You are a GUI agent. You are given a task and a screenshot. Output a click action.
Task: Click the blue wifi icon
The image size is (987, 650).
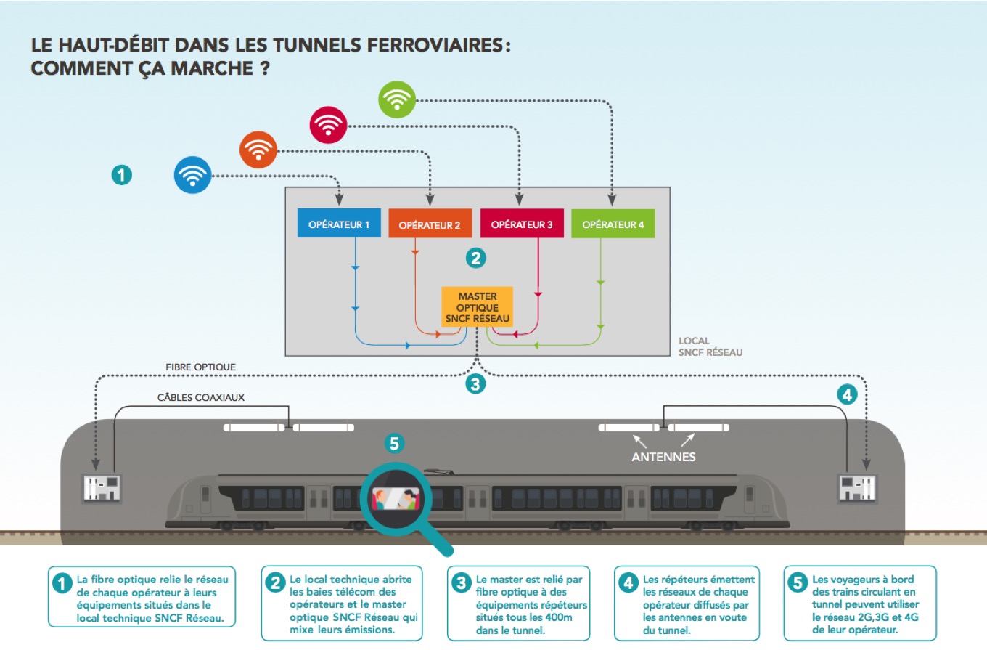click(x=192, y=175)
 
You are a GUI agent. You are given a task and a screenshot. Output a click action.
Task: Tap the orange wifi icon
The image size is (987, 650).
click(x=258, y=150)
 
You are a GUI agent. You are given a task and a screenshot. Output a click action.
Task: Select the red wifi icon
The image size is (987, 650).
click(x=328, y=125)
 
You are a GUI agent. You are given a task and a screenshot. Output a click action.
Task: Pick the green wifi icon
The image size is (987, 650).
click(x=396, y=99)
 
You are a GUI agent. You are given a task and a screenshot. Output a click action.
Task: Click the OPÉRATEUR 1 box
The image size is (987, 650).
click(x=339, y=224)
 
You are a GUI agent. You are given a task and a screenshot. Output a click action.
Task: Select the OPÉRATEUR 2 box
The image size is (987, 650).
click(x=430, y=224)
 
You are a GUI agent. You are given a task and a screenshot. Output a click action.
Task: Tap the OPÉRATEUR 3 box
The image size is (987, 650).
click(x=522, y=224)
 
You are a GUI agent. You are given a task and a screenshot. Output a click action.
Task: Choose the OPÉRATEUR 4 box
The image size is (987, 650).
click(x=613, y=224)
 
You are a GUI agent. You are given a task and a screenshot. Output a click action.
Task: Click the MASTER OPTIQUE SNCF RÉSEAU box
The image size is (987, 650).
click(x=478, y=307)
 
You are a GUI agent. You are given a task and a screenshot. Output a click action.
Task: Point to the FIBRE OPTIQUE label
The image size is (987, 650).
click(x=201, y=367)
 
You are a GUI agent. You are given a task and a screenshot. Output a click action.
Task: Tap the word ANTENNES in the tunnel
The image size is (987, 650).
click(x=663, y=457)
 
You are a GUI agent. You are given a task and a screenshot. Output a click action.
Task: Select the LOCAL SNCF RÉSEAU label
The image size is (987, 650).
click(x=710, y=346)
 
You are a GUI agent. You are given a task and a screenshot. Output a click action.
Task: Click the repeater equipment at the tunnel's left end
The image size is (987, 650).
click(x=102, y=488)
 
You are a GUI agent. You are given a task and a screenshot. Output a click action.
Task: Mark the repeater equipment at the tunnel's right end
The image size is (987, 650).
click(x=858, y=488)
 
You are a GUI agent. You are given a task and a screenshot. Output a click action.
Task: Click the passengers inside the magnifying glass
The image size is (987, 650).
click(x=396, y=498)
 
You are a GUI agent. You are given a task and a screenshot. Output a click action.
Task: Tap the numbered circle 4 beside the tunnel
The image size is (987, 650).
click(x=847, y=394)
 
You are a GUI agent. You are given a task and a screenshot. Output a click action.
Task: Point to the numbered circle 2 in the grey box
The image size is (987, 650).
click(x=475, y=257)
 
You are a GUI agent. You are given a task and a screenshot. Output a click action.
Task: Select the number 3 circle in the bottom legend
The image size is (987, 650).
click(x=462, y=582)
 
